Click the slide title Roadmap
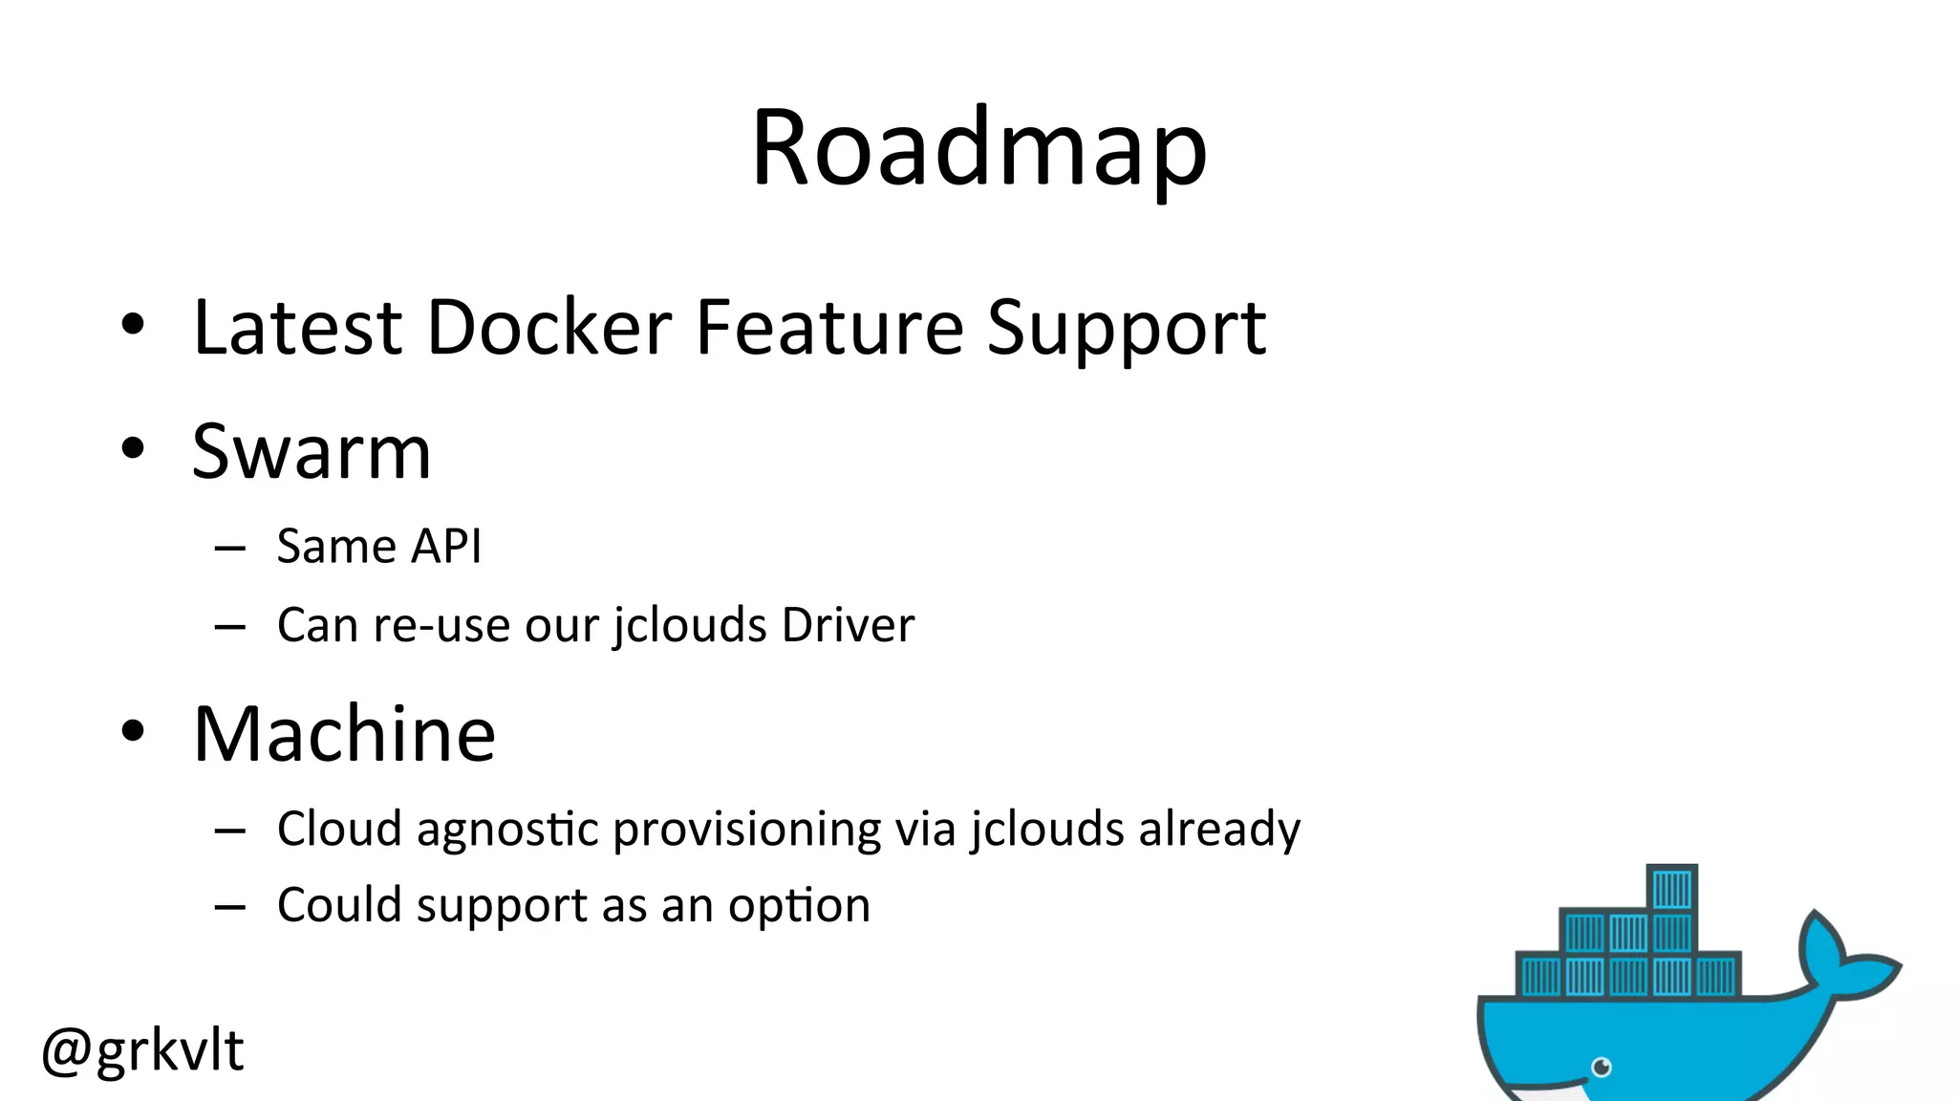click(x=978, y=149)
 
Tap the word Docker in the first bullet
click(x=549, y=328)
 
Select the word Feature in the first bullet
click(x=829, y=328)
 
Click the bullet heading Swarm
click(x=312, y=451)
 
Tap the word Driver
click(x=848, y=625)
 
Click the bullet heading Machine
click(x=344, y=734)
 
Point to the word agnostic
click(x=507, y=830)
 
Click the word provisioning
click(x=746, y=830)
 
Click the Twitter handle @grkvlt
click(x=142, y=1050)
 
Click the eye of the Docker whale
click(x=1602, y=1067)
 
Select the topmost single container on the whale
click(x=1671, y=888)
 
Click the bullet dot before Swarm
click(x=133, y=448)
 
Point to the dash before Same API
click(x=230, y=549)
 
